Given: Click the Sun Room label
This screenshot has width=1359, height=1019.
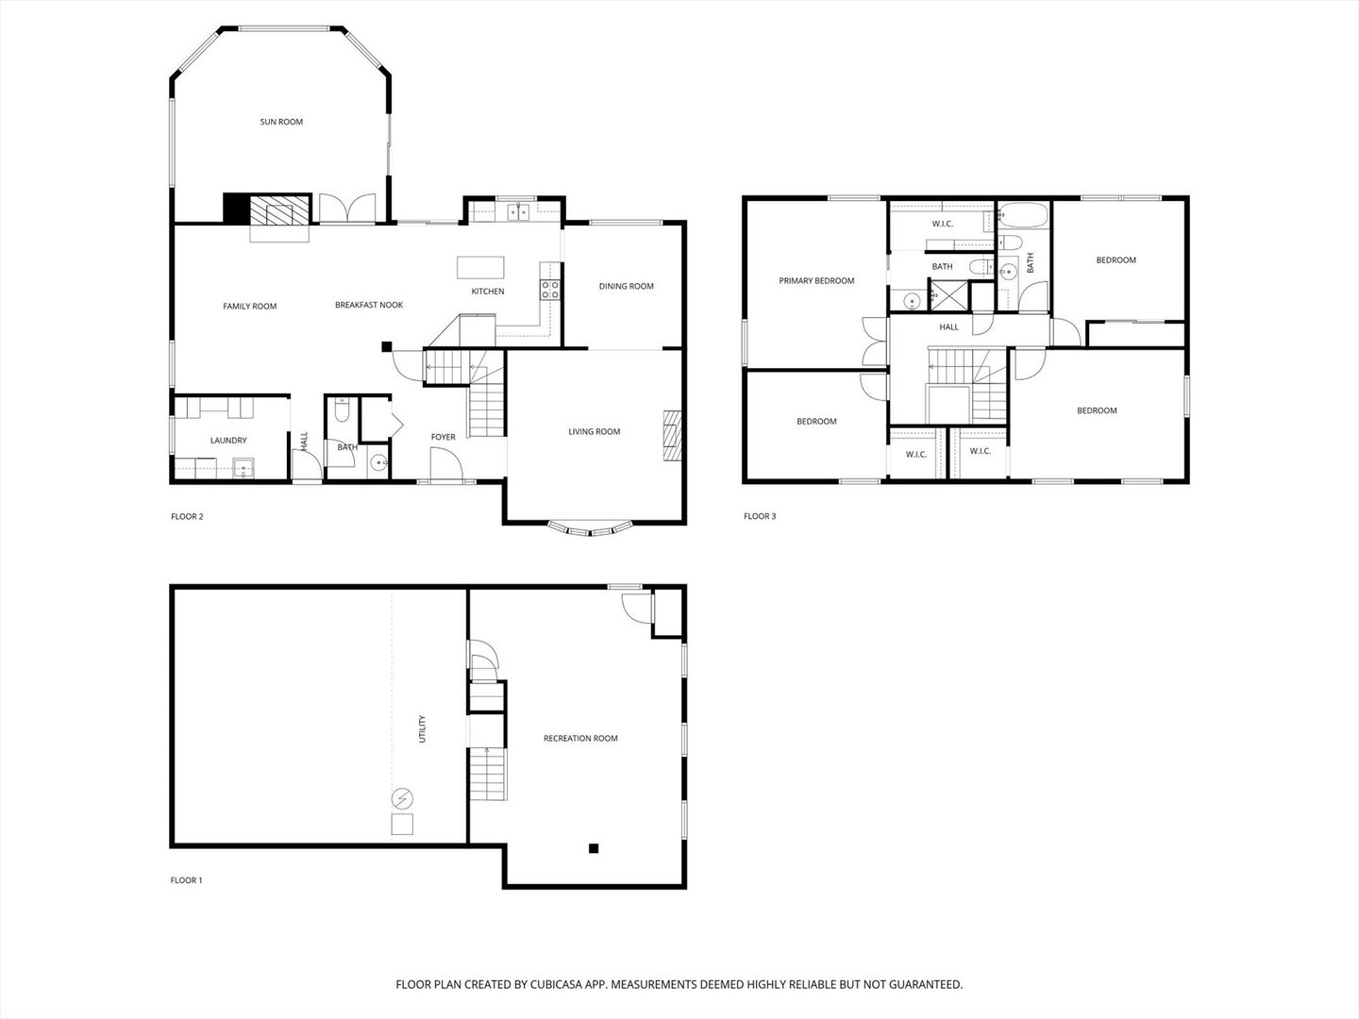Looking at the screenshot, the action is click(x=281, y=122).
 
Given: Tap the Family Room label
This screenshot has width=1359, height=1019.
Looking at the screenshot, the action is click(x=249, y=307).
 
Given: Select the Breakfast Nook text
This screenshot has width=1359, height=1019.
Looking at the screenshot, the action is click(x=369, y=305).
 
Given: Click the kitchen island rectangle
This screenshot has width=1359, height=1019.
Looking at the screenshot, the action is click(x=480, y=268).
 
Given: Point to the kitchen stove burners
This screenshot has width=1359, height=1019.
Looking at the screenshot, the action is click(x=550, y=290).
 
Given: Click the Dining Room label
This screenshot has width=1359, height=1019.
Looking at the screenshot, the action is click(x=626, y=287).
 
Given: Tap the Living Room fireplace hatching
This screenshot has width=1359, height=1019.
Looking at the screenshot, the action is click(x=672, y=436).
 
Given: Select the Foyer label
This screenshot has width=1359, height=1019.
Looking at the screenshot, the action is click(x=444, y=438).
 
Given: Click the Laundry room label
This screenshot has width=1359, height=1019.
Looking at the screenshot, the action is click(x=228, y=441).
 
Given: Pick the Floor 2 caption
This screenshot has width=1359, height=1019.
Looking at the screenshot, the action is click(x=187, y=517).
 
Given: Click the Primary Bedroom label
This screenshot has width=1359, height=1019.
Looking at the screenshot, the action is click(x=816, y=281).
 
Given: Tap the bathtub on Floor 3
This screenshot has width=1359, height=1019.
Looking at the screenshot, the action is click(x=1023, y=215).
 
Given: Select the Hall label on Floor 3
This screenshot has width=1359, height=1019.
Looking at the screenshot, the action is click(x=949, y=327).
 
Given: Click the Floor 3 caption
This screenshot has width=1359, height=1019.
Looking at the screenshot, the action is click(x=760, y=516).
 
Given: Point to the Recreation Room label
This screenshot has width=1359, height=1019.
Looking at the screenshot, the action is click(x=580, y=738).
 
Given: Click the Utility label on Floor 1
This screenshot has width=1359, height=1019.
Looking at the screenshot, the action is click(x=422, y=728).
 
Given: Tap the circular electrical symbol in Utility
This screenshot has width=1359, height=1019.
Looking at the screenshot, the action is click(x=402, y=799).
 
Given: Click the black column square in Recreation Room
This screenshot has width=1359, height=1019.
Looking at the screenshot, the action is click(x=594, y=849).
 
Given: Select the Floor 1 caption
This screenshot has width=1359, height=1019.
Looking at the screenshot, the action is click(x=186, y=880).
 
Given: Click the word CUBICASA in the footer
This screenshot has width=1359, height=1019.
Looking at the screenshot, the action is click(x=556, y=984).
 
